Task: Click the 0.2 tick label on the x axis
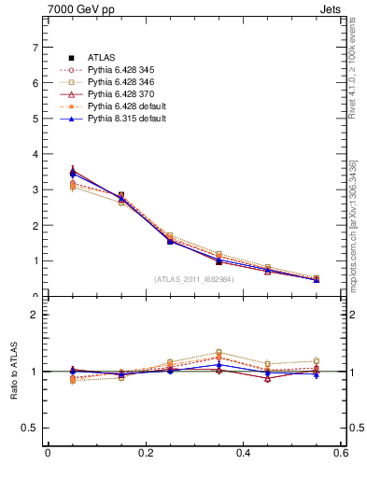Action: (x=145, y=453)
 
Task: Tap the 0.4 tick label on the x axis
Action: (x=243, y=453)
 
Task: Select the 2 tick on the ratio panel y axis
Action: (x=35, y=315)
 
